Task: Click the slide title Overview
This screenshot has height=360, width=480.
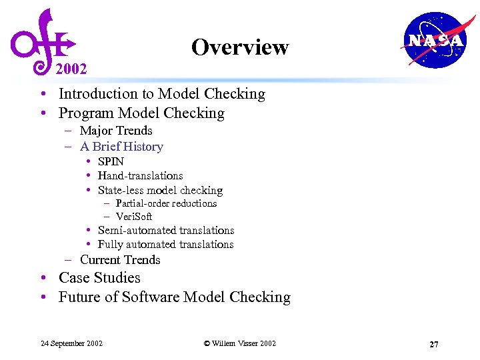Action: point(240,47)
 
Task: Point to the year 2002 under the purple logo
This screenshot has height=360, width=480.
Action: point(71,69)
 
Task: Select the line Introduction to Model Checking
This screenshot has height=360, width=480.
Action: point(161,94)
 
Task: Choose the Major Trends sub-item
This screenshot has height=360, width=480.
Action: point(116,131)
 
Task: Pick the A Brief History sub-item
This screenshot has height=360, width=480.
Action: point(121,147)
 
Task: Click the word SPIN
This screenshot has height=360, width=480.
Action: point(111,161)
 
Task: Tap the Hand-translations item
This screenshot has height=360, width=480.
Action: point(140,176)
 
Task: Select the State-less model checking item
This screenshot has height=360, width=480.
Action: point(160,190)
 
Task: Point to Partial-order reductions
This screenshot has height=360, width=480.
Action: point(166,203)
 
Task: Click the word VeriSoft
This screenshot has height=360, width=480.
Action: point(134,217)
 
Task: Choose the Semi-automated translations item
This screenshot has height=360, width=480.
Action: point(166,231)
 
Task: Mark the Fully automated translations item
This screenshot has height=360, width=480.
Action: point(165,245)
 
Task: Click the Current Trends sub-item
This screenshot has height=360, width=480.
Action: point(120,260)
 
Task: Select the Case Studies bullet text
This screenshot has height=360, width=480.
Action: point(99,278)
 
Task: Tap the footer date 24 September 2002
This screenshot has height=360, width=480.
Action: point(72,343)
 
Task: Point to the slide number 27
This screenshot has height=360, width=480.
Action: point(433,344)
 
